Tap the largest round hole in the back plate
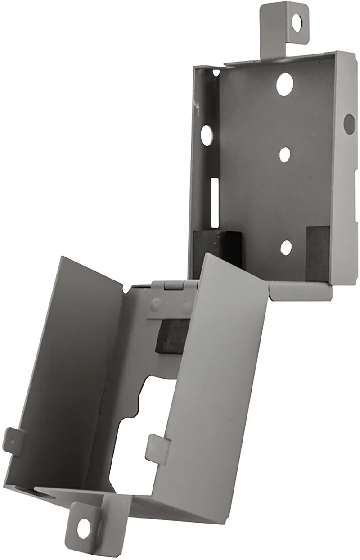284,83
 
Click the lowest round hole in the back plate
285,246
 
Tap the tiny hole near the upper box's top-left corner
217,72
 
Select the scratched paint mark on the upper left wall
196,105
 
